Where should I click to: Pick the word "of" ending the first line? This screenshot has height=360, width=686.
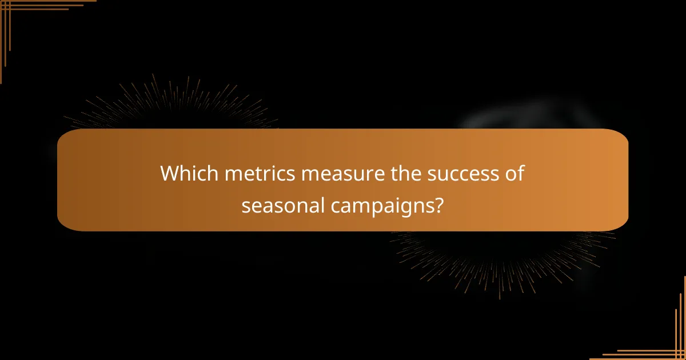(514, 174)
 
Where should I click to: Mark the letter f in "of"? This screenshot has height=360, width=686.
(520, 173)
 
